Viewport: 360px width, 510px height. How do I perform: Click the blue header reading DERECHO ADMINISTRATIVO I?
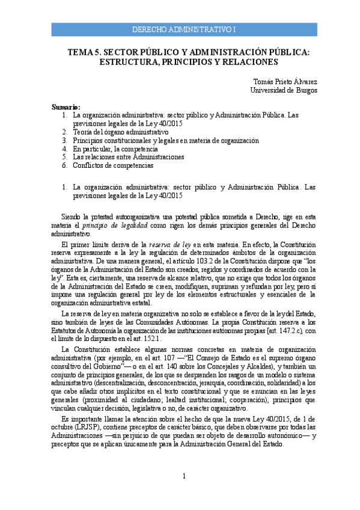click(x=185, y=29)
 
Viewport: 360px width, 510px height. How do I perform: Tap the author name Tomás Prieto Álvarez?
click(x=287, y=81)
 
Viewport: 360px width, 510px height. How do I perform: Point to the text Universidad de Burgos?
click(x=284, y=90)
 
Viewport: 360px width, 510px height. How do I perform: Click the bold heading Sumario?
click(x=66, y=106)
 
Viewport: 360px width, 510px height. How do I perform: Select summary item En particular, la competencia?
click(x=115, y=148)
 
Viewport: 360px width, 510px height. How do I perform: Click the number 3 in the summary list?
click(x=64, y=140)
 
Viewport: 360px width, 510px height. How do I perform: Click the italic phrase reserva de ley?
click(x=178, y=244)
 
